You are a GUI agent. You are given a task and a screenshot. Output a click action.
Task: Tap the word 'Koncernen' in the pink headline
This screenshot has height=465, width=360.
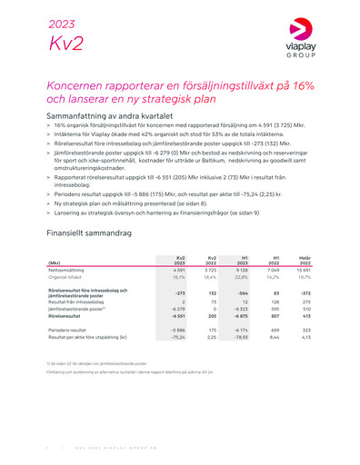(x=82, y=86)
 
